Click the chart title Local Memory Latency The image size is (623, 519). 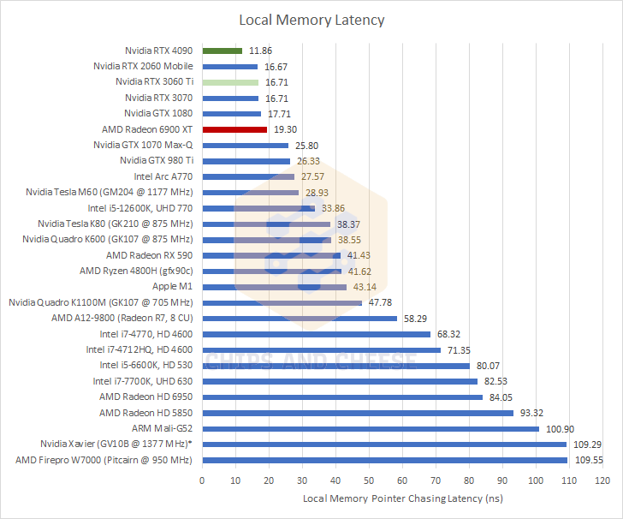311,20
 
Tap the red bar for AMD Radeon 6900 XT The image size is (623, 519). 234,129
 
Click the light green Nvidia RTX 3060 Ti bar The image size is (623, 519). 230,82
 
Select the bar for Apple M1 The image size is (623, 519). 274,287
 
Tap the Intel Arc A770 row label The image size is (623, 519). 163,176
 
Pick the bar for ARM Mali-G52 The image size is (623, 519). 371,428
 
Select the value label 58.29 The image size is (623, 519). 416,319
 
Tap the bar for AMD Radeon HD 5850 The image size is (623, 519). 358,413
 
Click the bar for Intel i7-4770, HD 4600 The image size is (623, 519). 316,334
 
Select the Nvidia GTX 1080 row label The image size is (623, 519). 158,113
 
